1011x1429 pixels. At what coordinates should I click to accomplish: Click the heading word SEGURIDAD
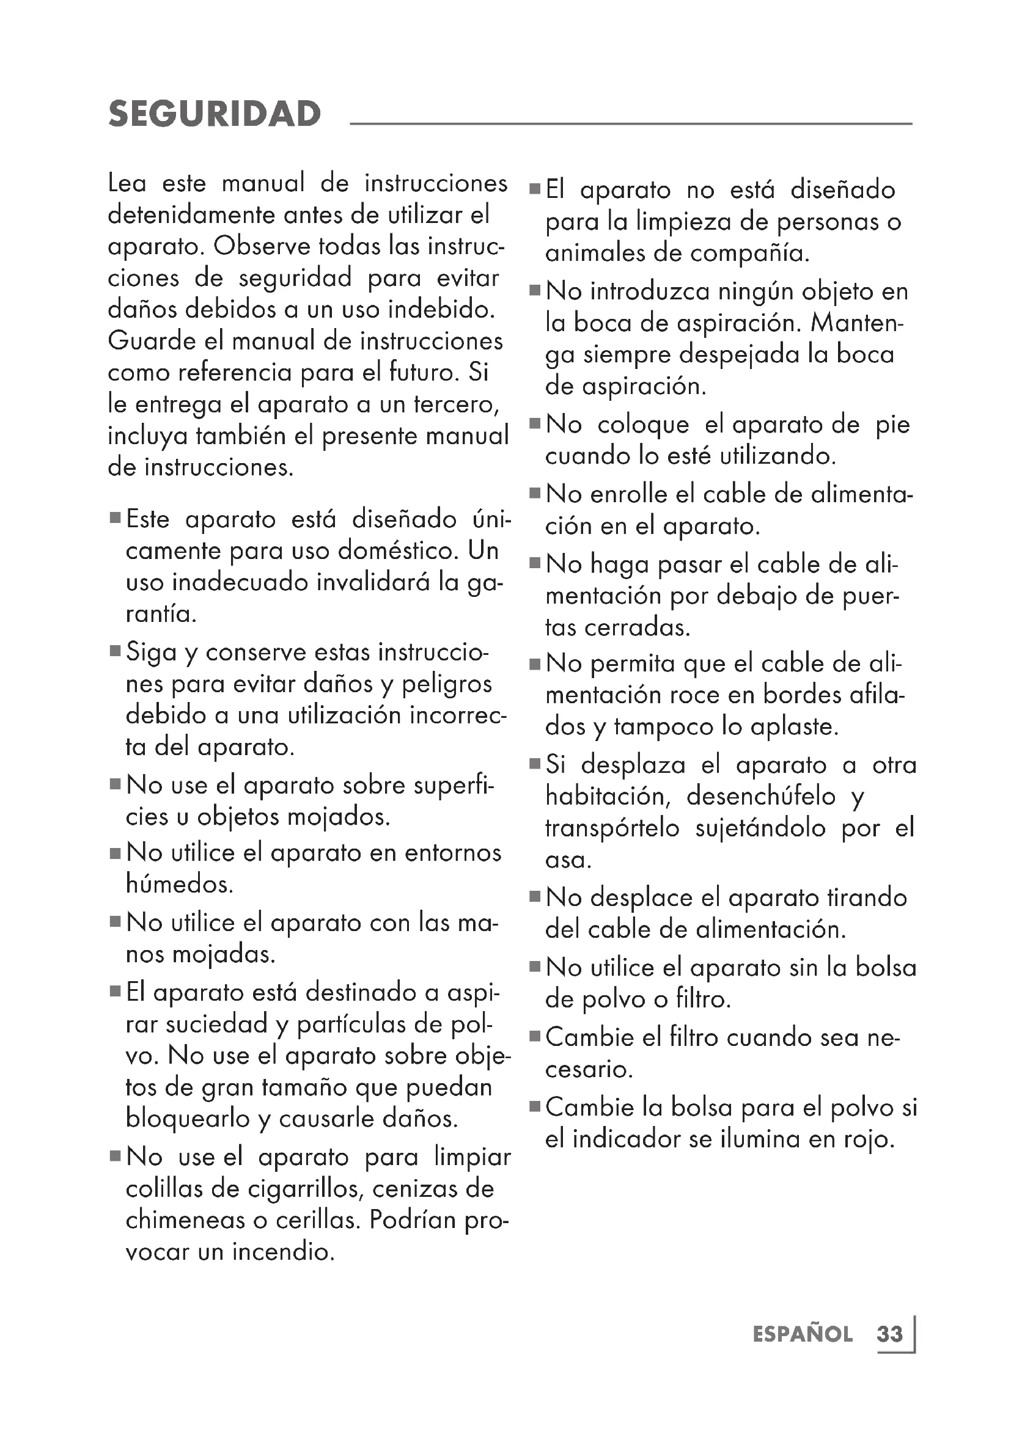[215, 114]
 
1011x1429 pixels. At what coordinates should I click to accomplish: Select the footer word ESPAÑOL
[803, 1334]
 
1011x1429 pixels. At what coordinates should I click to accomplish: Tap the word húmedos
[179, 885]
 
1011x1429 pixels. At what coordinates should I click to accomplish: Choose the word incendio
[283, 1252]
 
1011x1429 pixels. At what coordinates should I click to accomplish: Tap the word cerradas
[637, 627]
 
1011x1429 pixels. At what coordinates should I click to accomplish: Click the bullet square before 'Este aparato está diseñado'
[115, 518]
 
